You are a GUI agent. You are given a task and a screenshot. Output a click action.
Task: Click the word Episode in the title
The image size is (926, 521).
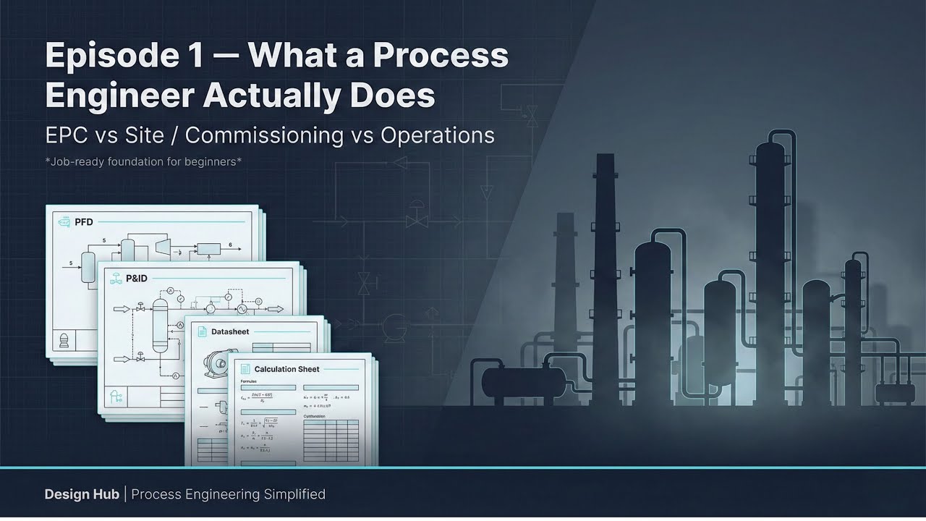click(x=107, y=56)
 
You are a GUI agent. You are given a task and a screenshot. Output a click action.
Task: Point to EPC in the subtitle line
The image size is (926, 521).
click(x=67, y=135)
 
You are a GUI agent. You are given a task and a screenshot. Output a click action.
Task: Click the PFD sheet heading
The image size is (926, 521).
click(x=85, y=222)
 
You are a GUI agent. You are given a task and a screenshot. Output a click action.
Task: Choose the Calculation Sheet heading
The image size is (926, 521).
click(x=286, y=369)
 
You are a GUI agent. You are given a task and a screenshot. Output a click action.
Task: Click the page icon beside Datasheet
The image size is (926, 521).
click(x=202, y=331)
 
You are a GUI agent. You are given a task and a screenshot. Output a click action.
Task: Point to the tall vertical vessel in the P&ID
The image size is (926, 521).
click(x=159, y=326)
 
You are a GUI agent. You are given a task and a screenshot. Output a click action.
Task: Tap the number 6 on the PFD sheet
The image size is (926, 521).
click(x=230, y=245)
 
